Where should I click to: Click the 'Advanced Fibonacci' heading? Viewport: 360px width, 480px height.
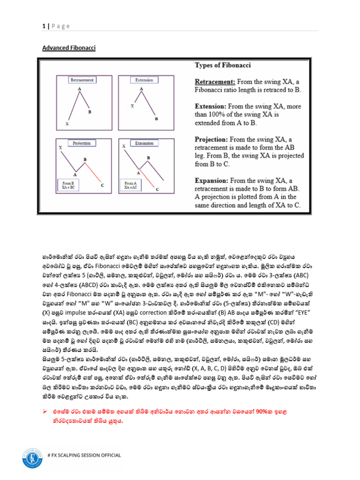click(x=68, y=48)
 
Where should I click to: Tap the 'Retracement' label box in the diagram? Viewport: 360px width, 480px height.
click(x=82, y=80)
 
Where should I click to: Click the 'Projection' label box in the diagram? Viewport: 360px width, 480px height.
click(x=82, y=142)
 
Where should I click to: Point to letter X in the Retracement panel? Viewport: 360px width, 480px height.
click(x=67, y=124)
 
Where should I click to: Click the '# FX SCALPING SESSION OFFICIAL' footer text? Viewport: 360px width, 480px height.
click(x=84, y=455)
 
